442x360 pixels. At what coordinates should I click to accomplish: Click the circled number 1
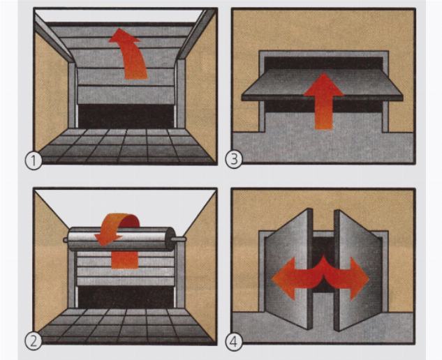[x=34, y=160]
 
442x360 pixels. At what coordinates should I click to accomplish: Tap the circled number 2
[x=34, y=341]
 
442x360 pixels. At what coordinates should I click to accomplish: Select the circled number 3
[x=234, y=160]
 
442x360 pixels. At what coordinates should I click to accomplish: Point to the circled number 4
[x=234, y=342]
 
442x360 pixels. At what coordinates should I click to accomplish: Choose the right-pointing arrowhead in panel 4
[x=359, y=278]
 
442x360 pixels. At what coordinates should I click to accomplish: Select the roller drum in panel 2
[x=121, y=239]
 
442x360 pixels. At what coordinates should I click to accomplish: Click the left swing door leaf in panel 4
[x=289, y=268]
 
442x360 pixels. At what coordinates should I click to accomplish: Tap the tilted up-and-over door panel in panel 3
[x=323, y=84]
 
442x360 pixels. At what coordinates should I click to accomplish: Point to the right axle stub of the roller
[x=180, y=239]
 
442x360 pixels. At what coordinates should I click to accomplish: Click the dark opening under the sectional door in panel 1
[x=126, y=116]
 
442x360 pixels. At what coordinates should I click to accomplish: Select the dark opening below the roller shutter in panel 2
[x=126, y=297]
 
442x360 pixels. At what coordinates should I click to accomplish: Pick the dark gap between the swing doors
[x=323, y=262]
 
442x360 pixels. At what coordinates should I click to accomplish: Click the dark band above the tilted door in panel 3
[x=323, y=63]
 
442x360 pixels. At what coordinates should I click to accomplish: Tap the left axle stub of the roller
[x=66, y=240]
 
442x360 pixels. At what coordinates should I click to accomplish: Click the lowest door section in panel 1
[x=126, y=95]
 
